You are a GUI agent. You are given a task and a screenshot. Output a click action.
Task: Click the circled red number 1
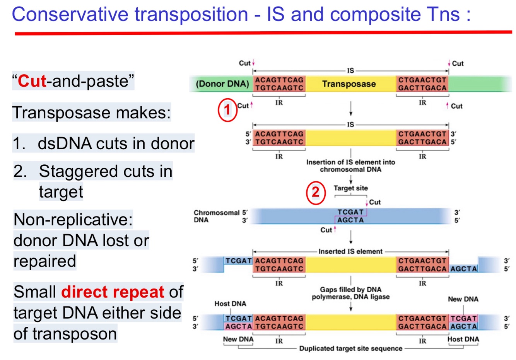point(227,110)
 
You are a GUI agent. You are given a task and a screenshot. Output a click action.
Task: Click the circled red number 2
point(316,192)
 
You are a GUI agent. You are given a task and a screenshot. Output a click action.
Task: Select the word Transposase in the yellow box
point(349,84)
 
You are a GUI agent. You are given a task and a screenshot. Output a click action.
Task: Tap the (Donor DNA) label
point(222,84)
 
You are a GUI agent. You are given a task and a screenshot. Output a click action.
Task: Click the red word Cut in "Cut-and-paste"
point(32,81)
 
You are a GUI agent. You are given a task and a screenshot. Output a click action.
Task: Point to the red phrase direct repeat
point(113,292)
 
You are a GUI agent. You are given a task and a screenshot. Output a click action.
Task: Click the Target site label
point(350,188)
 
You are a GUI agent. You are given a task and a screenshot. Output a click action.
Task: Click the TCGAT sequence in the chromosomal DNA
point(350,212)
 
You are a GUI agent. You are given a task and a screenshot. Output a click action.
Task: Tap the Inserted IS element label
point(350,251)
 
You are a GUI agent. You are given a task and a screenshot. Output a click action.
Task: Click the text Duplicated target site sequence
point(350,348)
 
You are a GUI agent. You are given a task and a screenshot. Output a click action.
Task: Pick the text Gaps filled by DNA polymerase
point(350,293)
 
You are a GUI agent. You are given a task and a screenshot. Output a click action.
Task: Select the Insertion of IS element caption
point(350,165)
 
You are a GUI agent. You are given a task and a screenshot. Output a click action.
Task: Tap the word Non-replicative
point(73,220)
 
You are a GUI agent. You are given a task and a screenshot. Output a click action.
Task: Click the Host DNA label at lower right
point(463,339)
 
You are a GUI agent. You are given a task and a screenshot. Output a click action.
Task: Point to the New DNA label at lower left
point(238,339)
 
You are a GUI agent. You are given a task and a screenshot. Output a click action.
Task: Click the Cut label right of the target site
point(374,202)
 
